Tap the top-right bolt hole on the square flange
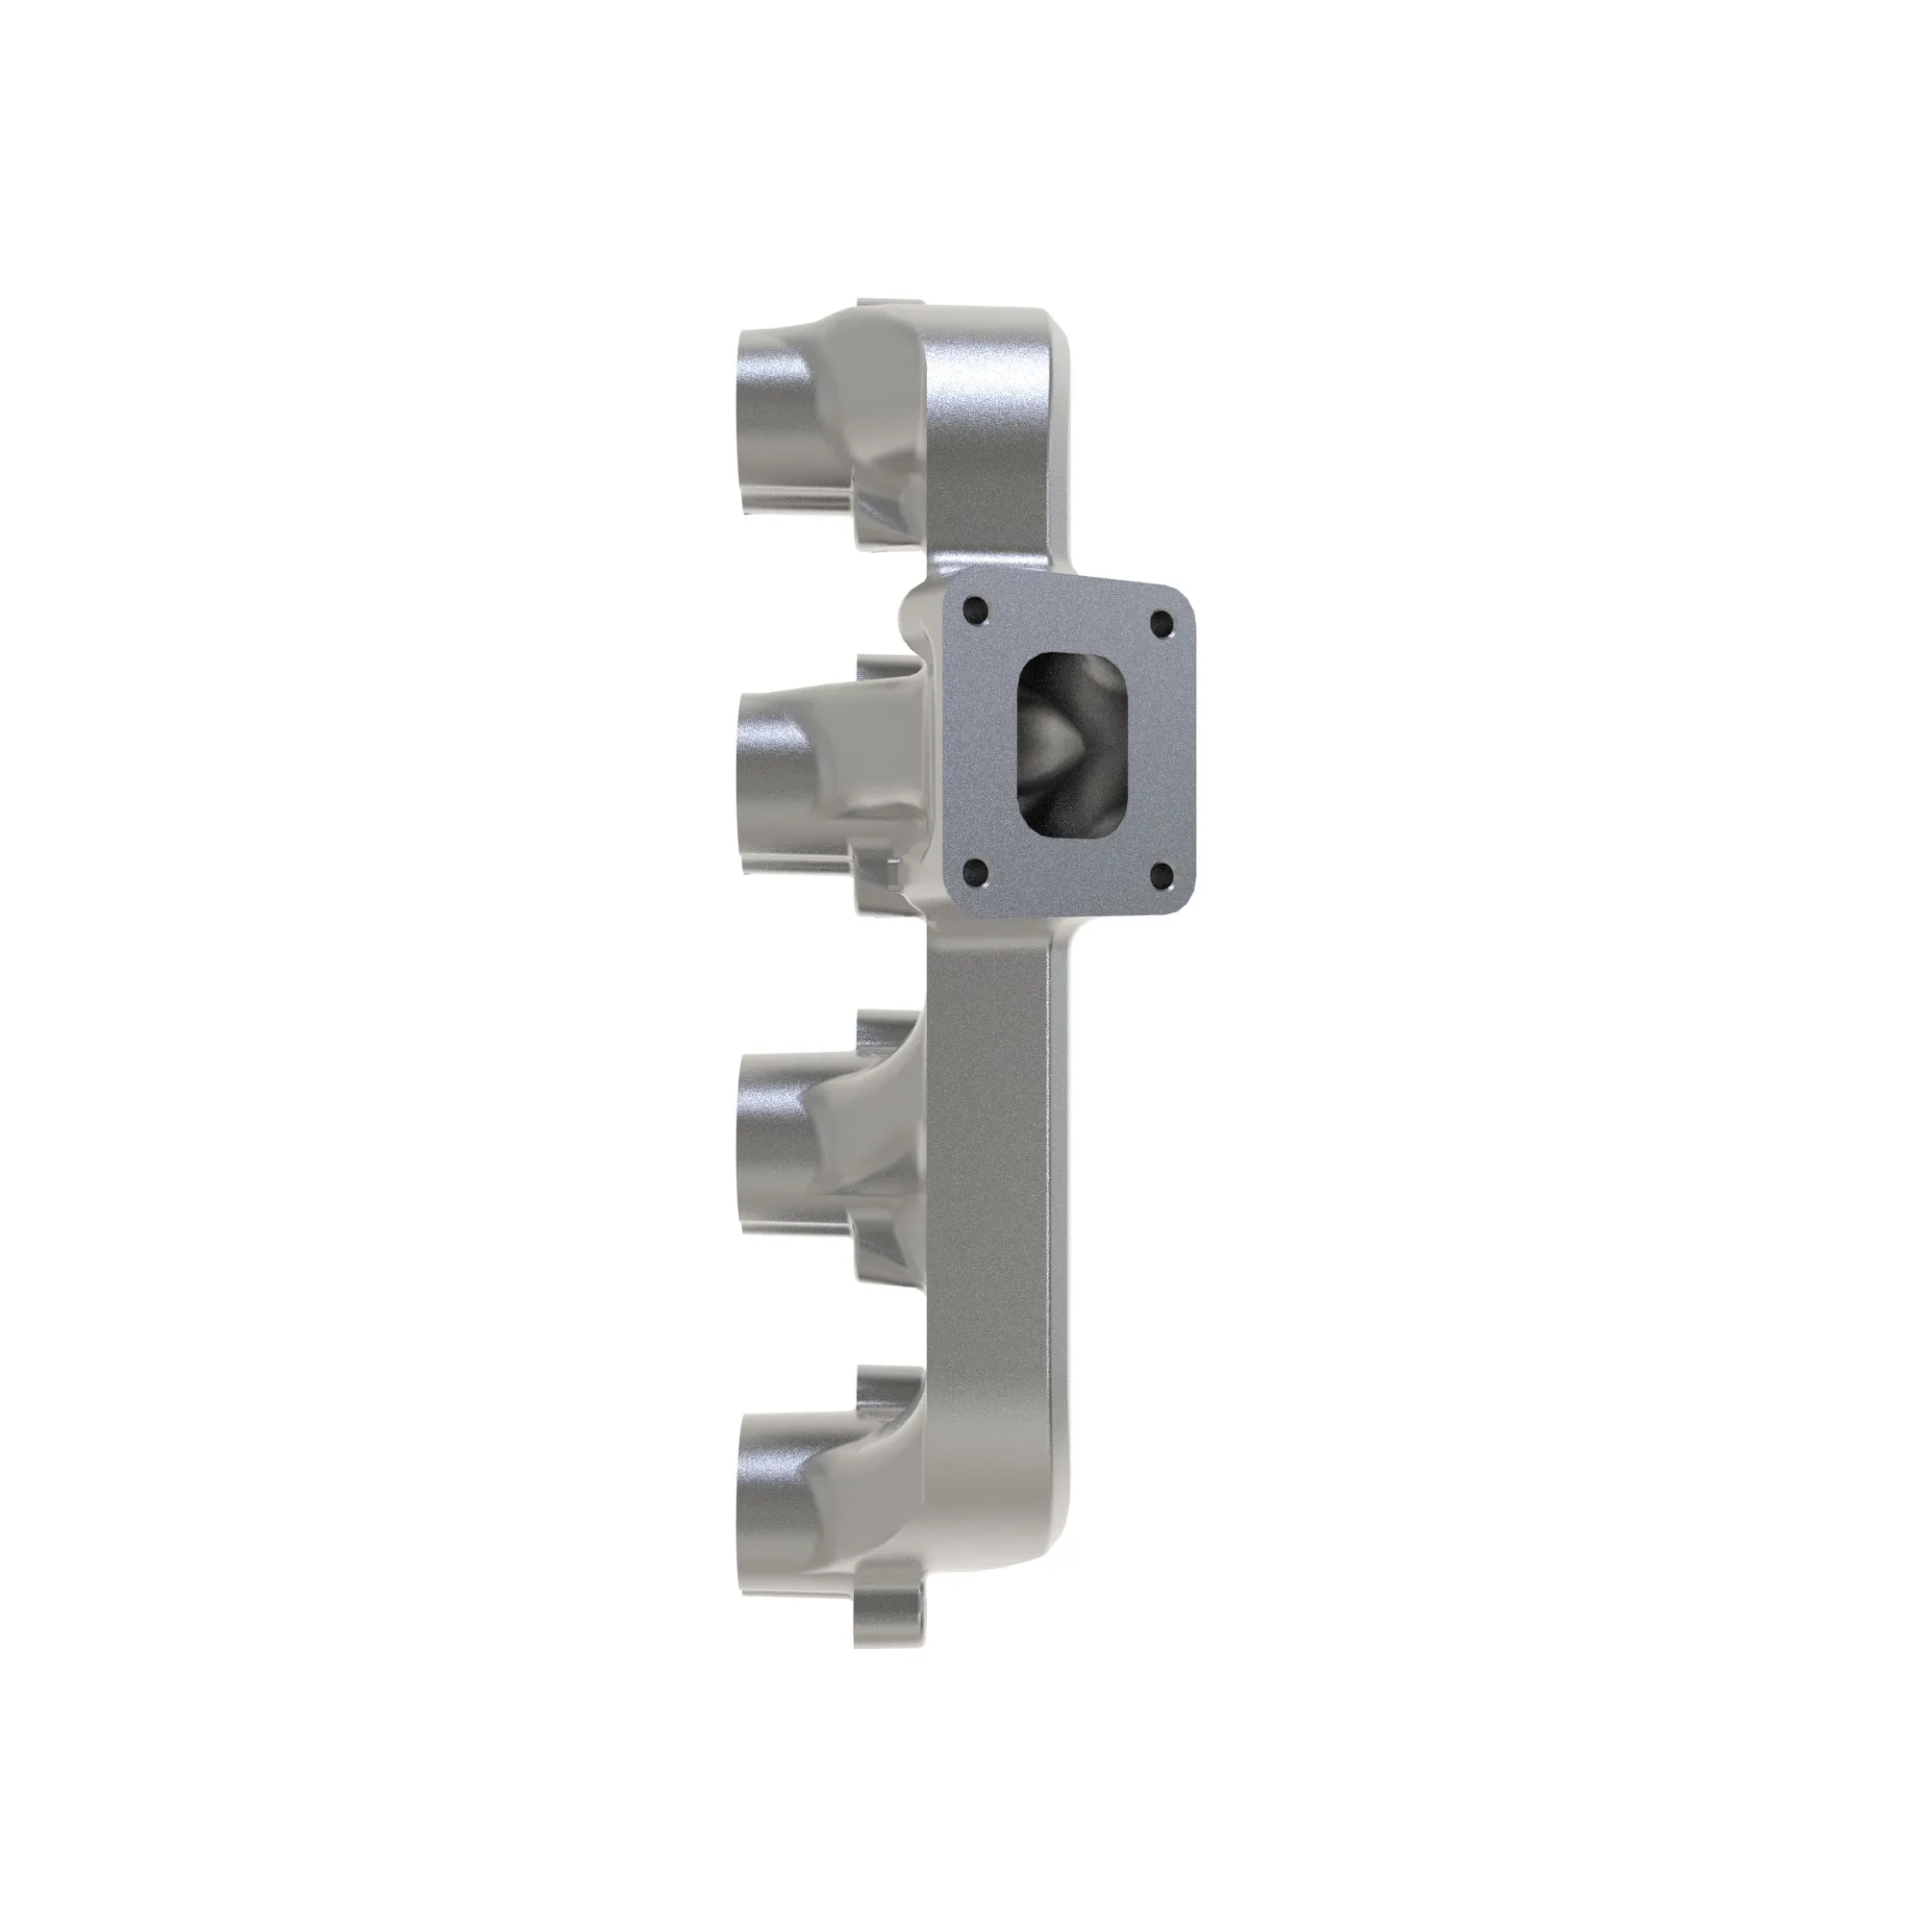[x=1161, y=624]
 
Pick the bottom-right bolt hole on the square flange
[x=1160, y=877]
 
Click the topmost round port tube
[x=776, y=418]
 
